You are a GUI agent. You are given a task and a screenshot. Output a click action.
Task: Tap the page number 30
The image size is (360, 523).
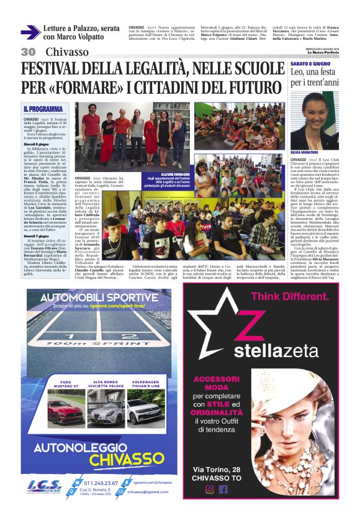pyautogui.click(x=28, y=52)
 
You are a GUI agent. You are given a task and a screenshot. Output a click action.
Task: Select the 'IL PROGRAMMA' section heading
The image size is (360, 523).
pyautogui.click(x=43, y=109)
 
